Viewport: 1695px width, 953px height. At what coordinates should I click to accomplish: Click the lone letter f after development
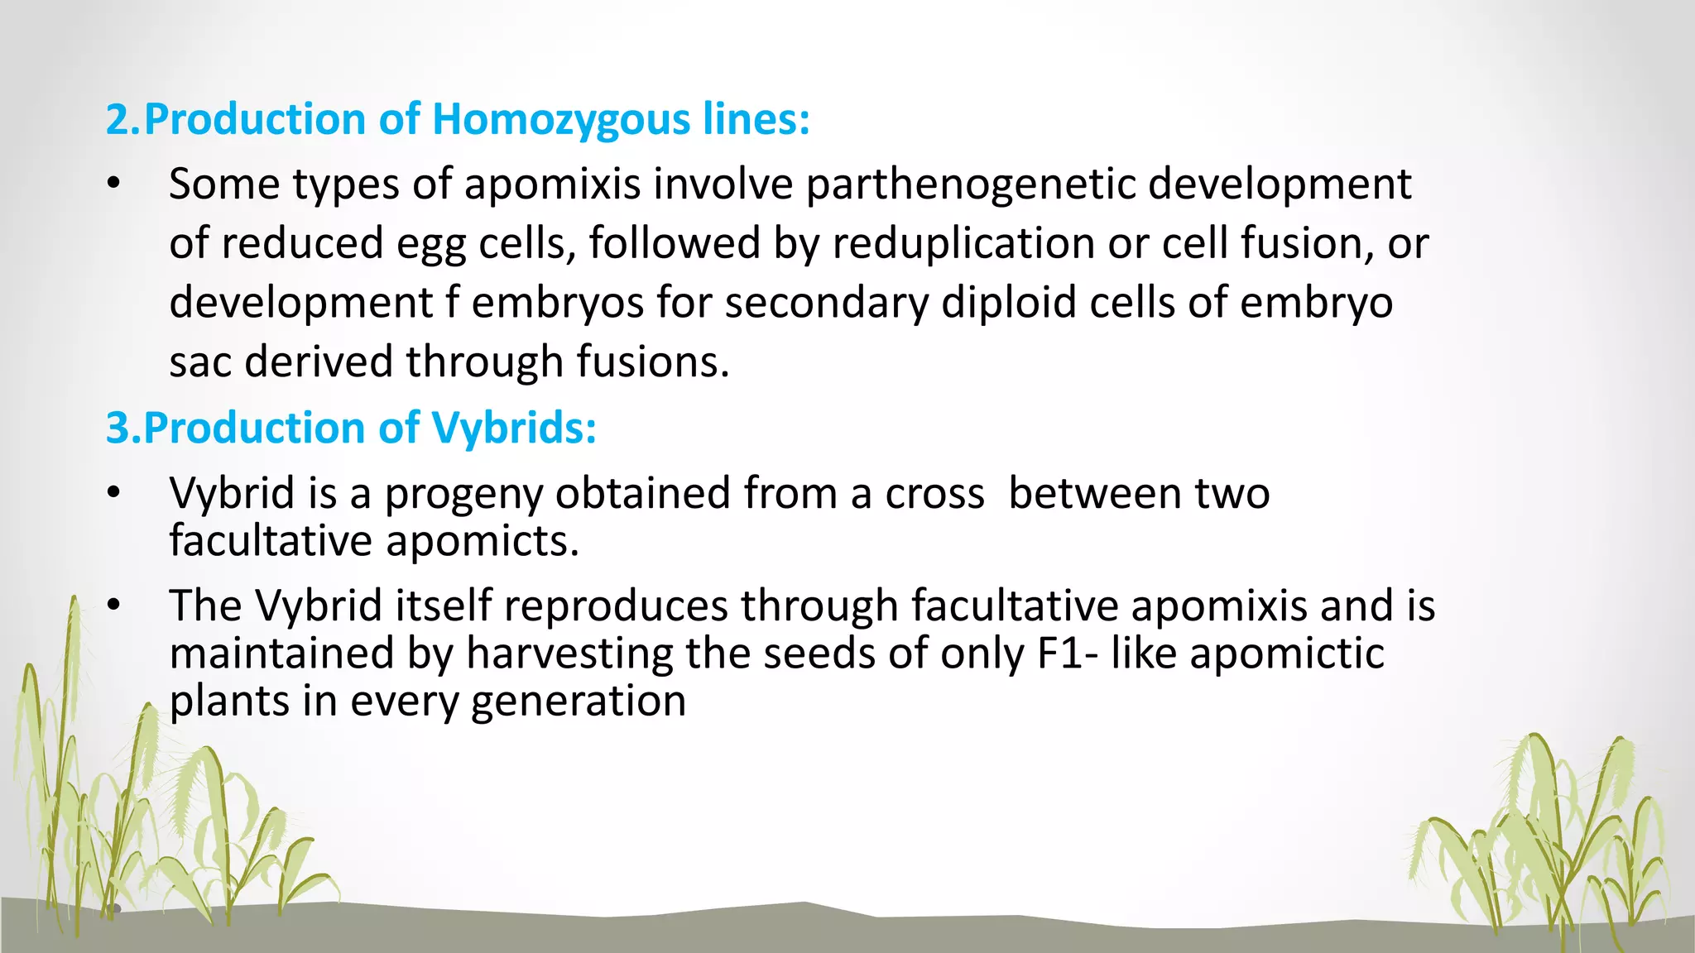click(452, 303)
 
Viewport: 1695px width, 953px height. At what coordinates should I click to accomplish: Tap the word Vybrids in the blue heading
click(513, 429)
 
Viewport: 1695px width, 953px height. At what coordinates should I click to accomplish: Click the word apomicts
click(482, 542)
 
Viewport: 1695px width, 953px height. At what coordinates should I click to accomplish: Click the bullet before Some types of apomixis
click(114, 184)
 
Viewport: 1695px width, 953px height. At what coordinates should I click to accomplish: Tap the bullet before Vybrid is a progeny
click(114, 494)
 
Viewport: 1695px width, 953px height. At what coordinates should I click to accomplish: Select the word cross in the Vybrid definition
click(934, 494)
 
